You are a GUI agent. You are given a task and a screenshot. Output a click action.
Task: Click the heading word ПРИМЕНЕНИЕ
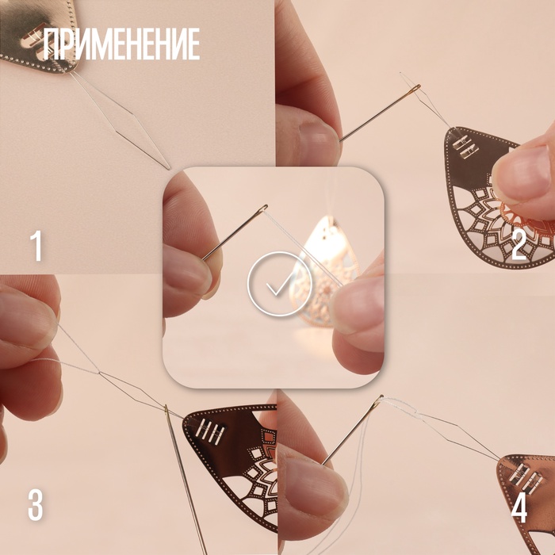pyautogui.click(x=122, y=44)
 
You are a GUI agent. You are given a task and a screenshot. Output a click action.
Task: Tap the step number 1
pyautogui.click(x=36, y=246)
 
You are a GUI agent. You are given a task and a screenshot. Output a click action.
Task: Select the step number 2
pyautogui.click(x=519, y=246)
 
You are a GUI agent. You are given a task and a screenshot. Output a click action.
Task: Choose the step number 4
pyautogui.click(x=519, y=507)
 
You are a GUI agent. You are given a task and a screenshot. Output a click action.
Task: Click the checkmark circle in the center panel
pyautogui.click(x=280, y=284)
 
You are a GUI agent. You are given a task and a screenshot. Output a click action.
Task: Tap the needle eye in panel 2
pyautogui.click(x=415, y=89)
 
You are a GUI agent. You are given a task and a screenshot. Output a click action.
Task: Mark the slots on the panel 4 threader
pyautogui.click(x=526, y=477)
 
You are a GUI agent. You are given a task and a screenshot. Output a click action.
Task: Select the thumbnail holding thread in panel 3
pyautogui.click(x=26, y=319)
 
